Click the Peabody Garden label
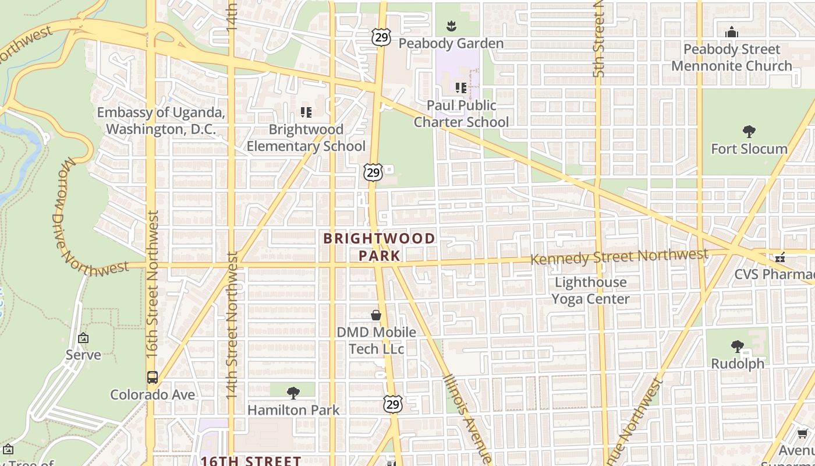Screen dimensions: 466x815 451,44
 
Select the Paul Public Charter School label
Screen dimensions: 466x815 461,114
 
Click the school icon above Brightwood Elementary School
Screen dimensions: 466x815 306,112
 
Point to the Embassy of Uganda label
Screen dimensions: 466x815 161,121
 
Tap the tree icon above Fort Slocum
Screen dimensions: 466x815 749,132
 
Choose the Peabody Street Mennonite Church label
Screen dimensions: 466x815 732,58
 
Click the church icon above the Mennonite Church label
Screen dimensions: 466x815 732,32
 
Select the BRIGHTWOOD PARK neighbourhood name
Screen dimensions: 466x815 379,247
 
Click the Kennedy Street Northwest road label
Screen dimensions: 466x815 619,256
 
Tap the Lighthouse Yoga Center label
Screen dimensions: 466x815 591,291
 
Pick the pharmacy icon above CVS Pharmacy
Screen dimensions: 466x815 780,257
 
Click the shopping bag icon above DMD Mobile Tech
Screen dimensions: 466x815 376,315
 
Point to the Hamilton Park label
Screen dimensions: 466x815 293,410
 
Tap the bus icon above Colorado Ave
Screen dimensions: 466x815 153,377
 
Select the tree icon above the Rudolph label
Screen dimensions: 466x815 738,347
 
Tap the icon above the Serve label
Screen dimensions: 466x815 83,338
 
